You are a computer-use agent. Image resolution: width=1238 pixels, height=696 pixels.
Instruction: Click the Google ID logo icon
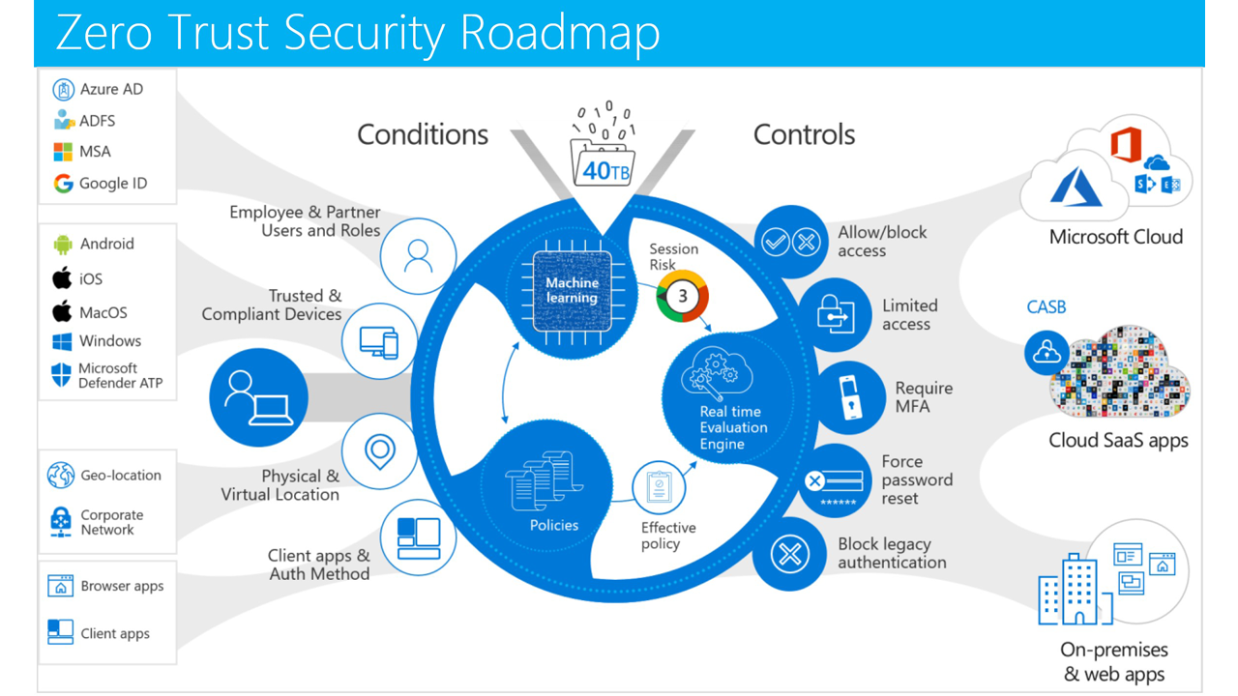pyautogui.click(x=64, y=184)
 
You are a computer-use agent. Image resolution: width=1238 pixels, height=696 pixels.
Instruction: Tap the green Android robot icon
pyautogui.click(x=64, y=245)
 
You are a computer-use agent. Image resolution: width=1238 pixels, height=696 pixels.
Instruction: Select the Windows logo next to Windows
pyautogui.click(x=63, y=341)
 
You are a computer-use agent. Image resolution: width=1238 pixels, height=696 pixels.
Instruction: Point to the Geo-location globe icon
pyautogui.click(x=61, y=476)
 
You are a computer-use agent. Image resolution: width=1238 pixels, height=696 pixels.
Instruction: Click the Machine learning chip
pyautogui.click(x=573, y=290)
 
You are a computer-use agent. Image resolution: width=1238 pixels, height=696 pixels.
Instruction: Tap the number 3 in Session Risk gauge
pyautogui.click(x=683, y=296)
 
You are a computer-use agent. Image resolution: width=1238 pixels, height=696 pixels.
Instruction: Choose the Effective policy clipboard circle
pyautogui.click(x=659, y=487)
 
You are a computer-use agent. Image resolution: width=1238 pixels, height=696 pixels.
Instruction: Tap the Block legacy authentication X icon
pyautogui.click(x=789, y=555)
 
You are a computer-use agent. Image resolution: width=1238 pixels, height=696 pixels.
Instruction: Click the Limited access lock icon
pyautogui.click(x=835, y=313)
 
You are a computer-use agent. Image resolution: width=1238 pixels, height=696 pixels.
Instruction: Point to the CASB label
pyautogui.click(x=1046, y=307)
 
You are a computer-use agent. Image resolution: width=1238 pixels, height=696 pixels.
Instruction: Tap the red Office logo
pyautogui.click(x=1125, y=146)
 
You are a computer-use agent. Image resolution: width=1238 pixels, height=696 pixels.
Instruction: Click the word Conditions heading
pyautogui.click(x=423, y=134)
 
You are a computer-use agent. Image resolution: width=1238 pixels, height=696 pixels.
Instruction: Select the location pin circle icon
pyautogui.click(x=379, y=450)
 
